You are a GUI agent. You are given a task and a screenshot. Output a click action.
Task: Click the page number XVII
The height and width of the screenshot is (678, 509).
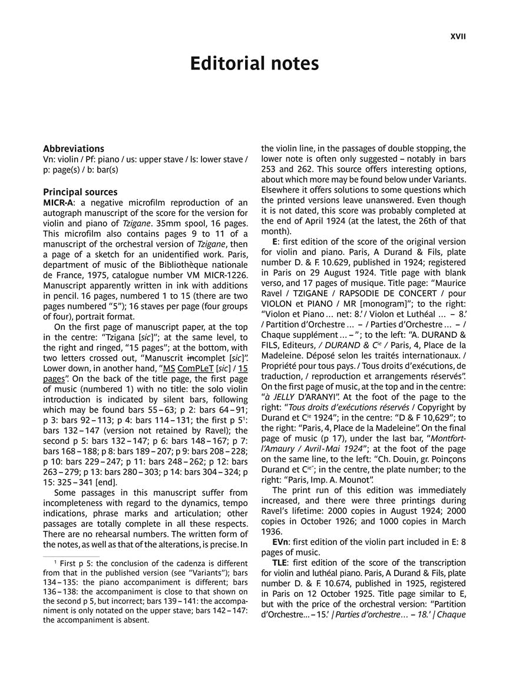pyautogui.click(x=458, y=36)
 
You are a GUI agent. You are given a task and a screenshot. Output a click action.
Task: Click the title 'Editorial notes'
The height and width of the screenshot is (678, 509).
pyautogui.click(x=254, y=64)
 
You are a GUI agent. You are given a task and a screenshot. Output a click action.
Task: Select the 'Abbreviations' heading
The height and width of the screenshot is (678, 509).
pyautogui.click(x=74, y=149)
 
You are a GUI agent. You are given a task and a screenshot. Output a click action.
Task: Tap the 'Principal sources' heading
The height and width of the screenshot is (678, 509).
pyautogui.click(x=80, y=192)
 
